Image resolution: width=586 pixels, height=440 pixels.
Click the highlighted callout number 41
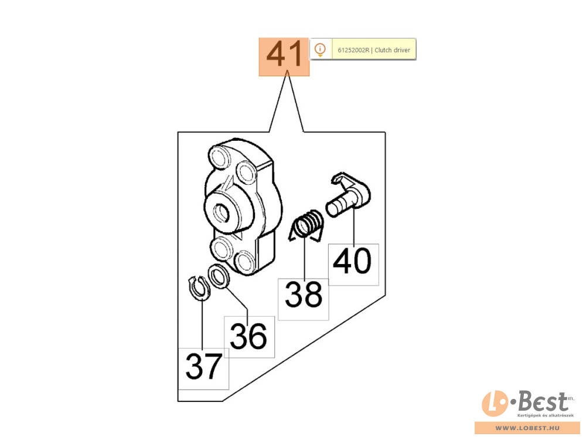[284, 55]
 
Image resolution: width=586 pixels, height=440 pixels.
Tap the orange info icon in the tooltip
[320, 49]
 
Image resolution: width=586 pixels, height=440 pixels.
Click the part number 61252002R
[353, 50]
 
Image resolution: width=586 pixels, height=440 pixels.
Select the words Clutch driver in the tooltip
[392, 50]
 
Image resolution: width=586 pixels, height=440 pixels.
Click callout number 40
[352, 262]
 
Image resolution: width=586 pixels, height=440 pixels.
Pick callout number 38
[303, 295]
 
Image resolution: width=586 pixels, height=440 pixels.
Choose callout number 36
[248, 336]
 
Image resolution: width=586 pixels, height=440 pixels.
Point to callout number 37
[204, 367]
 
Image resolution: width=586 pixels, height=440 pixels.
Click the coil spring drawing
[306, 226]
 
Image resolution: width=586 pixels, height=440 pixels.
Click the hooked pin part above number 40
[347, 195]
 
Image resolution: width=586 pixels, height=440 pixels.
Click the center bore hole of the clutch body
[221, 214]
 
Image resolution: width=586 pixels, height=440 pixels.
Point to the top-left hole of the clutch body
[219, 157]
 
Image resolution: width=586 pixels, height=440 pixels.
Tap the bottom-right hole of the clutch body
[245, 262]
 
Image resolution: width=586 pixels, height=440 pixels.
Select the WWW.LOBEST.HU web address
[528, 428]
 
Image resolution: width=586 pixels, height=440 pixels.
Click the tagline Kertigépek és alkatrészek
[545, 415]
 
